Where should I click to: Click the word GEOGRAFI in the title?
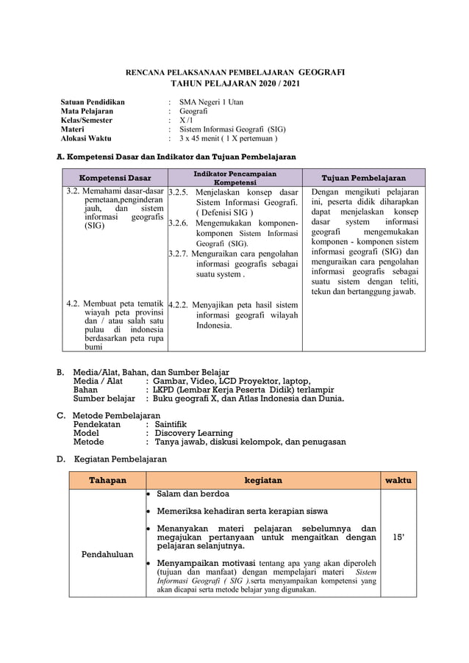pyautogui.click(x=321, y=73)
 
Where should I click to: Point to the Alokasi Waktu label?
pyautogui.click(x=85, y=137)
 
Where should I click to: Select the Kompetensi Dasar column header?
pyautogui.click(x=115, y=178)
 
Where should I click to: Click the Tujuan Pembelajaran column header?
pyautogui.click(x=364, y=178)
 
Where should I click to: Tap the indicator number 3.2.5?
pyautogui.click(x=179, y=192)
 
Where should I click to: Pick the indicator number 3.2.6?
pyautogui.click(x=179, y=222)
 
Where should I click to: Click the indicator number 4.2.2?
pyautogui.click(x=179, y=304)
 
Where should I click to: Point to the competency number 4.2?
pyautogui.click(x=73, y=303)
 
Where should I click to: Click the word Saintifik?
pyautogui.click(x=171, y=424)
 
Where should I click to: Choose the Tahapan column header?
pyautogui.click(x=107, y=480)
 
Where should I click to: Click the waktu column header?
pyautogui.click(x=398, y=480)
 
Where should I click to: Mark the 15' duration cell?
pyautogui.click(x=398, y=537)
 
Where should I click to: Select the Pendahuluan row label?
pyautogui.click(x=107, y=554)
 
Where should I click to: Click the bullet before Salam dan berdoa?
pyautogui.click(x=149, y=494)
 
